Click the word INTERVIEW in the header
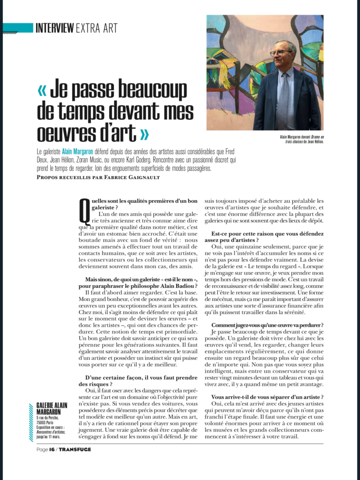54,28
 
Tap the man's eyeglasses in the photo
281,52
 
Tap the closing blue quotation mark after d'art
144,134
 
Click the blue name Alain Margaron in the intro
78,152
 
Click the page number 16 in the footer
52,450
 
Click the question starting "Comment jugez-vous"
267,325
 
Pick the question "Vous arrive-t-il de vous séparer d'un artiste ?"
267,397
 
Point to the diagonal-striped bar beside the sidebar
31,421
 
